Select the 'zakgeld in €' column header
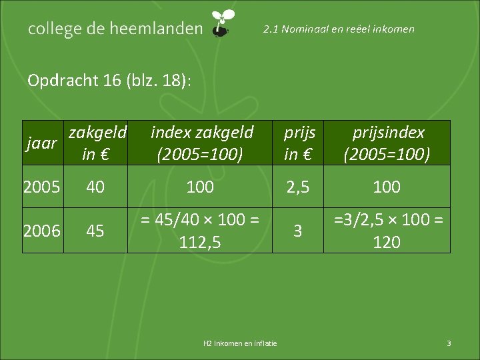[x=95, y=143]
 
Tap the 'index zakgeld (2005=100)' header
[x=200, y=143]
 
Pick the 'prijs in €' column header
[x=298, y=143]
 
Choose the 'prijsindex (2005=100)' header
[x=387, y=143]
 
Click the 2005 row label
[x=42, y=187]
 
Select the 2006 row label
[x=42, y=230]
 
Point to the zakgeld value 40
[x=95, y=187]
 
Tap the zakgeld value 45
[x=95, y=230]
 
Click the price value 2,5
[x=298, y=187]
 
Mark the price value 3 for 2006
[x=298, y=230]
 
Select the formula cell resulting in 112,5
[x=200, y=230]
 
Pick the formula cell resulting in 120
[x=387, y=230]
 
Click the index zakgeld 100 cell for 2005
[x=200, y=187]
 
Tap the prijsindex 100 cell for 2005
[x=387, y=187]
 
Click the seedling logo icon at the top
[x=222, y=23]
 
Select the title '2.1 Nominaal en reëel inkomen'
[x=339, y=29]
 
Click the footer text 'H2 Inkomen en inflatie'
[x=240, y=343]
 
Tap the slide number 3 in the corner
[x=449, y=343]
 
